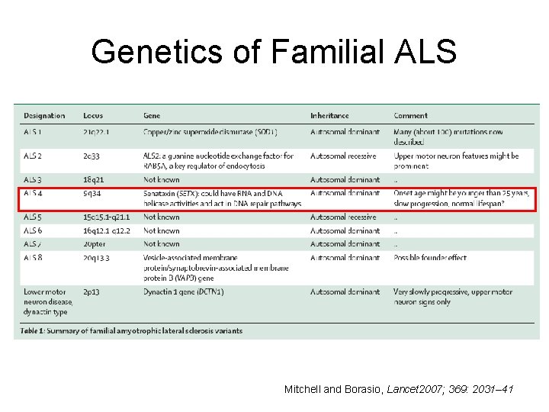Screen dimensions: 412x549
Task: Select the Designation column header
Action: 44,116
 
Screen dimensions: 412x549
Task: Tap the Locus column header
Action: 93,116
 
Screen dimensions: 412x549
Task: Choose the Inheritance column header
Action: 329,116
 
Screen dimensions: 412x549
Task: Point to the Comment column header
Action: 410,116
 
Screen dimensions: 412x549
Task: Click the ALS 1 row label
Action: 34,132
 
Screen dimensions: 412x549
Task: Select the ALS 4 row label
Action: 34,194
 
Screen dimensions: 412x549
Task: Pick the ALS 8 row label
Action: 34,258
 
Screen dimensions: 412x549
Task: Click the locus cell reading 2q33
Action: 92,156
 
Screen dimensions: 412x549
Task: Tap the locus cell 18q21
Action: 94,180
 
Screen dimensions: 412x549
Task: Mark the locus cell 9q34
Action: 92,194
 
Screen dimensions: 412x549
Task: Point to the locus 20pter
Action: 95,244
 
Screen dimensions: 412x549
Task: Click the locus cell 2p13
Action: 91,292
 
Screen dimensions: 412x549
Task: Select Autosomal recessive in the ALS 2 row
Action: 343,156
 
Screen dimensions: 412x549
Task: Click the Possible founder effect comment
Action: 430,258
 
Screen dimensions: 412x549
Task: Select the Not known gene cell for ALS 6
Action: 162,230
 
